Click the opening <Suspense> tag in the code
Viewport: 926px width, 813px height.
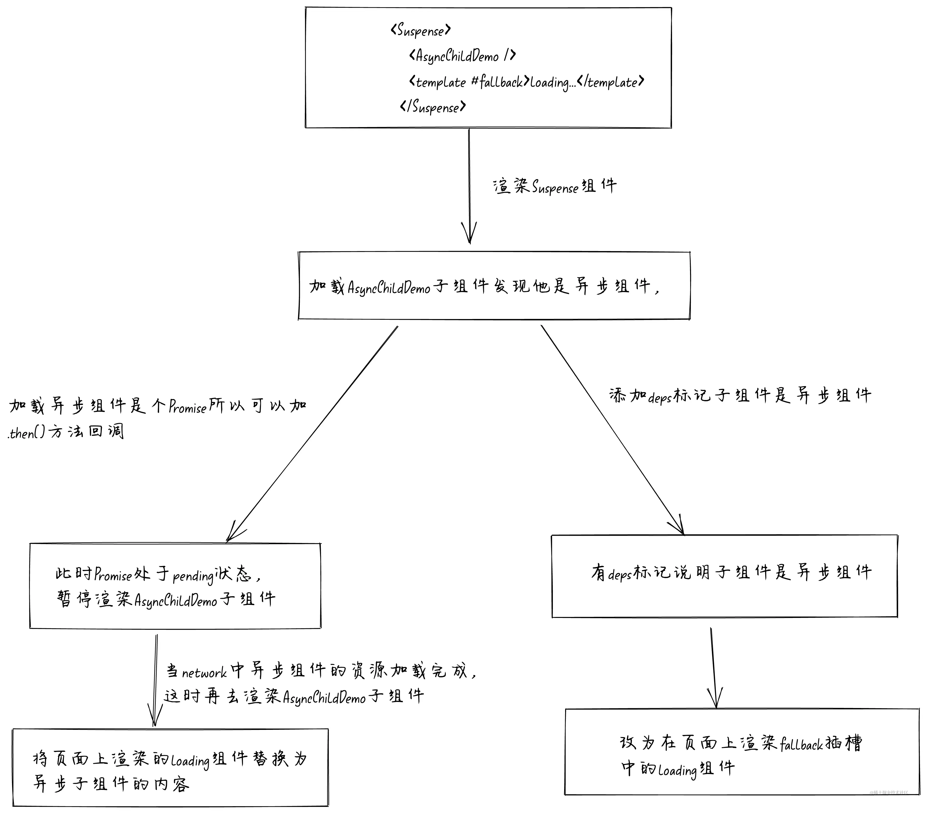420,30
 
